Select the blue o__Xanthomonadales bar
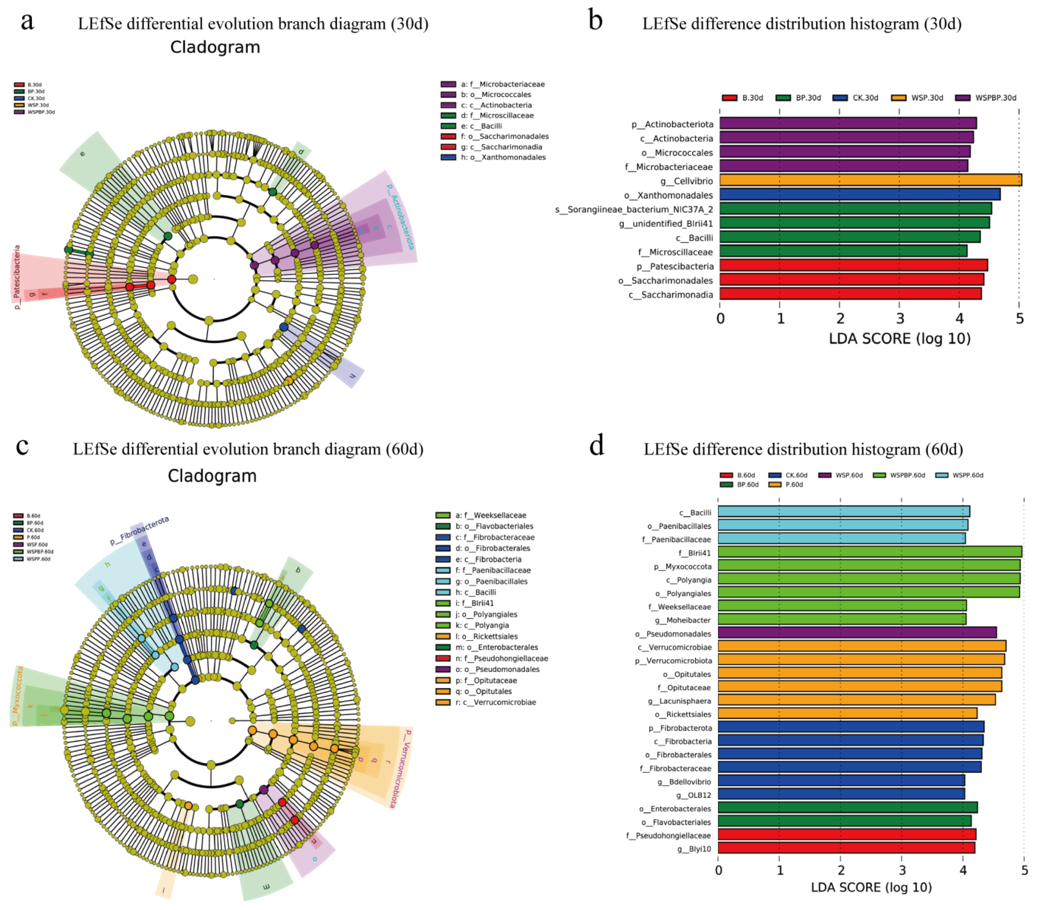pos(859,195)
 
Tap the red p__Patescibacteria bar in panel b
pos(853,266)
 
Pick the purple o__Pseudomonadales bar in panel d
pos(856,633)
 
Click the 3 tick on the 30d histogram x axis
pos(900,319)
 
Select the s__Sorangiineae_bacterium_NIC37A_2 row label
pos(634,209)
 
